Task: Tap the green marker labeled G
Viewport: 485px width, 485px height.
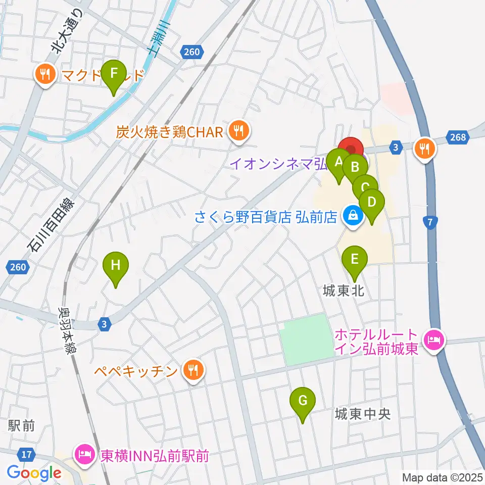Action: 303,402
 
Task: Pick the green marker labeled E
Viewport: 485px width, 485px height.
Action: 354,261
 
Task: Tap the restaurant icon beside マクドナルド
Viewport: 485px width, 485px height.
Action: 45,75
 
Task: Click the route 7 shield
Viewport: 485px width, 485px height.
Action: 430,222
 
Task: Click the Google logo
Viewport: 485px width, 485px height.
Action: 34,473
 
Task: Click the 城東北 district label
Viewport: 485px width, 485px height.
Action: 344,291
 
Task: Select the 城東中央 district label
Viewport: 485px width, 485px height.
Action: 363,414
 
